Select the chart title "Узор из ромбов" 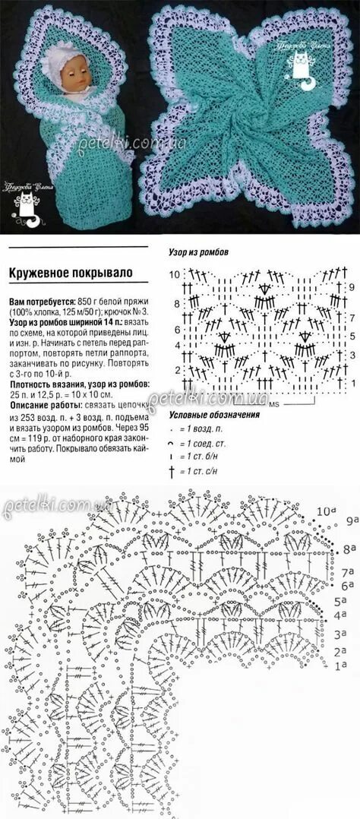(198, 251)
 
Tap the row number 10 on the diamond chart (174, 274)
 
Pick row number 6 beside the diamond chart (176, 330)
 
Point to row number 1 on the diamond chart (352, 386)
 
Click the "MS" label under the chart (274, 403)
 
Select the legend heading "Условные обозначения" (213, 415)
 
